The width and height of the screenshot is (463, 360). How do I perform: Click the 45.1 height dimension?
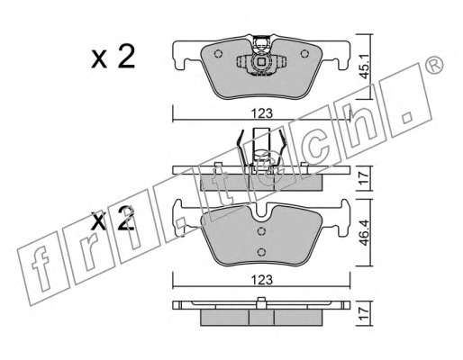point(364,67)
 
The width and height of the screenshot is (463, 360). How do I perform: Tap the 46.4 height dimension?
point(364,232)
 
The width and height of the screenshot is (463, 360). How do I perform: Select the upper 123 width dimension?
point(262,113)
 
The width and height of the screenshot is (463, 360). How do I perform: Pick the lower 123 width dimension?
point(262,280)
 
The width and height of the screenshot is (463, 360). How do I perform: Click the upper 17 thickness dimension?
point(364,178)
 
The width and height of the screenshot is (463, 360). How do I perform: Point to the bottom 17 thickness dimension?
point(364,313)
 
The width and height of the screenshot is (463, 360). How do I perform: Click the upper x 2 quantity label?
point(113,57)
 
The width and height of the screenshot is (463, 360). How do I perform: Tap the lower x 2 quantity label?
point(113,219)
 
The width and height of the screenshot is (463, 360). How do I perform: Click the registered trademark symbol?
point(434,65)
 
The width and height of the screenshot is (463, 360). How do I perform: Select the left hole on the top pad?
point(218,54)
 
